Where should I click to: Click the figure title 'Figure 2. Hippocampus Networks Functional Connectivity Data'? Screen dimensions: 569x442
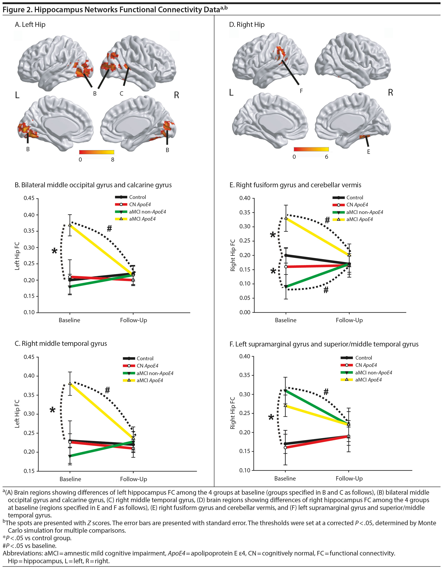pyautogui.click(x=112, y=10)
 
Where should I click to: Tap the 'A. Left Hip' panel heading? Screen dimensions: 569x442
pyautogui.click(x=30, y=25)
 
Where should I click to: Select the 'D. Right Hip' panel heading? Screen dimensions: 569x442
pyautogui.click(x=247, y=25)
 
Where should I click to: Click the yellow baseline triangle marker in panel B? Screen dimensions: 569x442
pyautogui.click(x=70, y=225)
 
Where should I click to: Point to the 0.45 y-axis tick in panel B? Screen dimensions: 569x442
pyautogui.click(x=29, y=198)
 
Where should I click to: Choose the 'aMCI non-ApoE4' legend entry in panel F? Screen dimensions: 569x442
pyautogui.click(x=373, y=372)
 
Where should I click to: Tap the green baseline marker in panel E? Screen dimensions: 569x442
pyautogui.click(x=286, y=287)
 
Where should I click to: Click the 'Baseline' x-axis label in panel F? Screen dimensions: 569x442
pyautogui.click(x=285, y=478)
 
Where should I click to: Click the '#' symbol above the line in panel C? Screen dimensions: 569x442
pyautogui.click(x=107, y=390)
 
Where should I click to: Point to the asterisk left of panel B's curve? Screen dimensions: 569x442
pyautogui.click(x=54, y=251)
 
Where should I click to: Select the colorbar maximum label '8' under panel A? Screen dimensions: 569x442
pyautogui.click(x=113, y=159)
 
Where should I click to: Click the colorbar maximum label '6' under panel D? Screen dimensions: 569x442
pyautogui.click(x=326, y=157)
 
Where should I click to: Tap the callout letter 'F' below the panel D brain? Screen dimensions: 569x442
pyautogui.click(x=301, y=91)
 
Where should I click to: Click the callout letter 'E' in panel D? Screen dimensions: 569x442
pyautogui.click(x=368, y=152)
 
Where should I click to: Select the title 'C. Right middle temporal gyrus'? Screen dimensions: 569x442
pyautogui.click(x=61, y=343)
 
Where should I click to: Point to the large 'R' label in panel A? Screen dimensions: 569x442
pyautogui.click(x=176, y=95)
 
